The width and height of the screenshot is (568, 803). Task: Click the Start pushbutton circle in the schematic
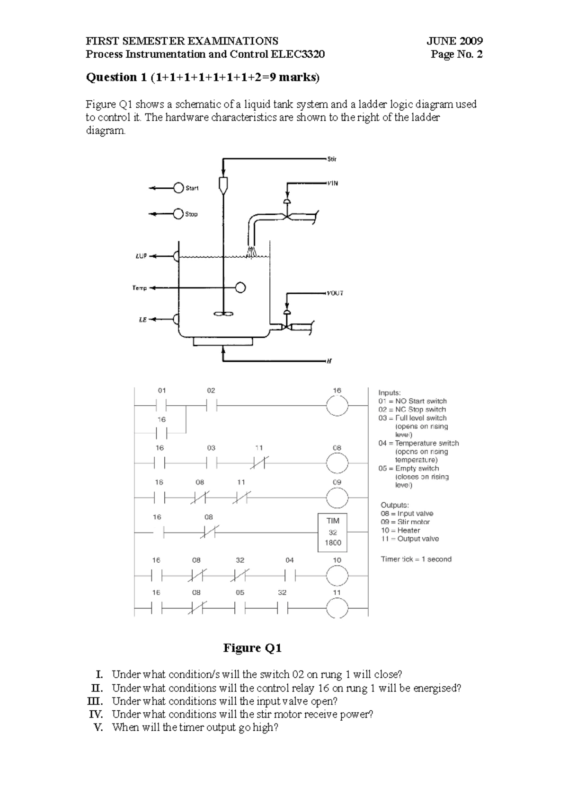pos(178,188)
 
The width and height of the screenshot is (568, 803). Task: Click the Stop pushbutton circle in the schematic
pos(178,214)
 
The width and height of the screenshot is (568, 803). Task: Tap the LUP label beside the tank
pos(141,256)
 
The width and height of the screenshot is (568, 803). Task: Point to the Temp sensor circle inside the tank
pos(240,287)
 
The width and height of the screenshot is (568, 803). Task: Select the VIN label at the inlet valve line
pos(332,183)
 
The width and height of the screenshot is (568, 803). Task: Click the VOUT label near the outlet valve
pos(335,293)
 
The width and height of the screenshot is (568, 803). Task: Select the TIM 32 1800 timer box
pos(332,532)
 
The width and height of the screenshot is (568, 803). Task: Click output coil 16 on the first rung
pos(337,406)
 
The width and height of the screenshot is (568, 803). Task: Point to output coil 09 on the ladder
pos(337,498)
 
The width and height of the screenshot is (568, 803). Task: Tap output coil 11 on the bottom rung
pos(337,608)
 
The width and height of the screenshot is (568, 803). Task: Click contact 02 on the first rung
pos(211,406)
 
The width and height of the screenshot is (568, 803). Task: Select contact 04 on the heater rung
pos(290,576)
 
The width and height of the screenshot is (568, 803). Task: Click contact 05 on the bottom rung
pos(240,608)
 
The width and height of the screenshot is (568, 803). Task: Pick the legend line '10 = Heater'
pos(400,530)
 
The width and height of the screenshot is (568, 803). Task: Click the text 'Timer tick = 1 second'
pos(416,559)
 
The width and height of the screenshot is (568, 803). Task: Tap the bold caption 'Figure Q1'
pos(252,648)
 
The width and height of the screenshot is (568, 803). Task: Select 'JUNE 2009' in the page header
pos(454,41)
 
